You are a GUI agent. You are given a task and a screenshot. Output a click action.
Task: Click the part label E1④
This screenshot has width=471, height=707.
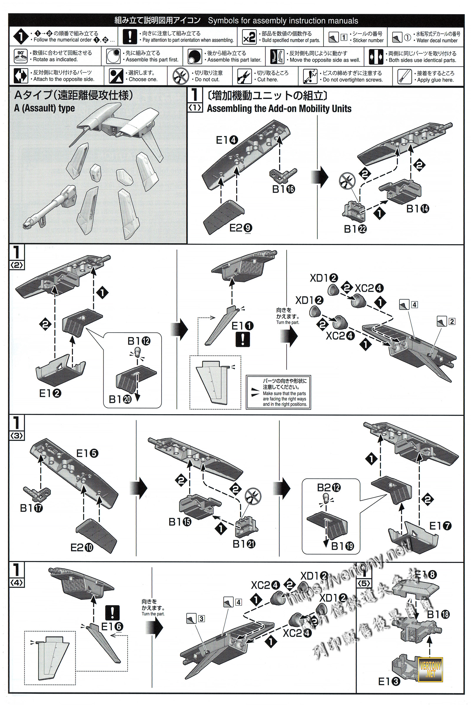pos(227,140)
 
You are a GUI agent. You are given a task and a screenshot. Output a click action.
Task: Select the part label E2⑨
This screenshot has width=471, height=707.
pos(241,228)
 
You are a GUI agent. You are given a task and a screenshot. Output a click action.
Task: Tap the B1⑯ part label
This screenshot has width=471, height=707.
pos(283,189)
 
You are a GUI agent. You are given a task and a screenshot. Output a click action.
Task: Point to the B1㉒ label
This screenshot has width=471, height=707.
pos(355,229)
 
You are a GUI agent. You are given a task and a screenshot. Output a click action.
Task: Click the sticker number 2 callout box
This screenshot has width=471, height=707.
pos(452,321)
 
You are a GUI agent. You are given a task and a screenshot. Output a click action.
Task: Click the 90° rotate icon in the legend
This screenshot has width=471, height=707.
pos(21,56)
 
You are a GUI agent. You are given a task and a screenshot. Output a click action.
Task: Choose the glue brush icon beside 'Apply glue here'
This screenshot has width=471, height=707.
pos(404,76)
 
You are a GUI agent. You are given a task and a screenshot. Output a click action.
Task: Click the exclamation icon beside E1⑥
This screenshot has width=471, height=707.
pos(113,612)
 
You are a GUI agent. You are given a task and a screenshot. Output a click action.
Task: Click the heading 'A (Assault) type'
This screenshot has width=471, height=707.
pos(44,108)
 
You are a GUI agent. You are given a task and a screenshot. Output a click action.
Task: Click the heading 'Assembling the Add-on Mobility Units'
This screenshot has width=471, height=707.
pos(279,108)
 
